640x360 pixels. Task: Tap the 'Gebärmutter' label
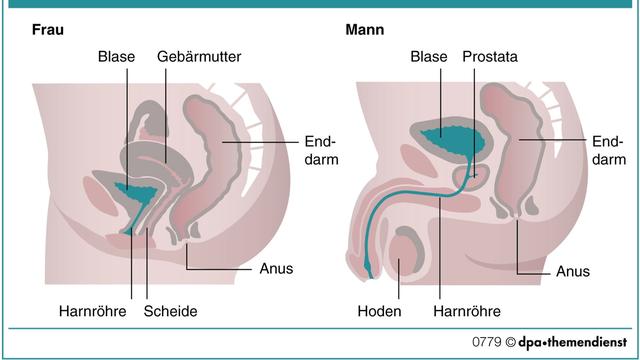tap(199, 58)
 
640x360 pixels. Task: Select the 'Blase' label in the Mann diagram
tap(428, 58)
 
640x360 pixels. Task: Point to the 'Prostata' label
tap(490, 58)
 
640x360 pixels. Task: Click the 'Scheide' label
tap(171, 311)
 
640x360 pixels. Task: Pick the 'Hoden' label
tap(379, 311)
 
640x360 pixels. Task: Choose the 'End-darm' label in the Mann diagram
tap(607, 150)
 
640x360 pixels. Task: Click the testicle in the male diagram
tap(405, 250)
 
